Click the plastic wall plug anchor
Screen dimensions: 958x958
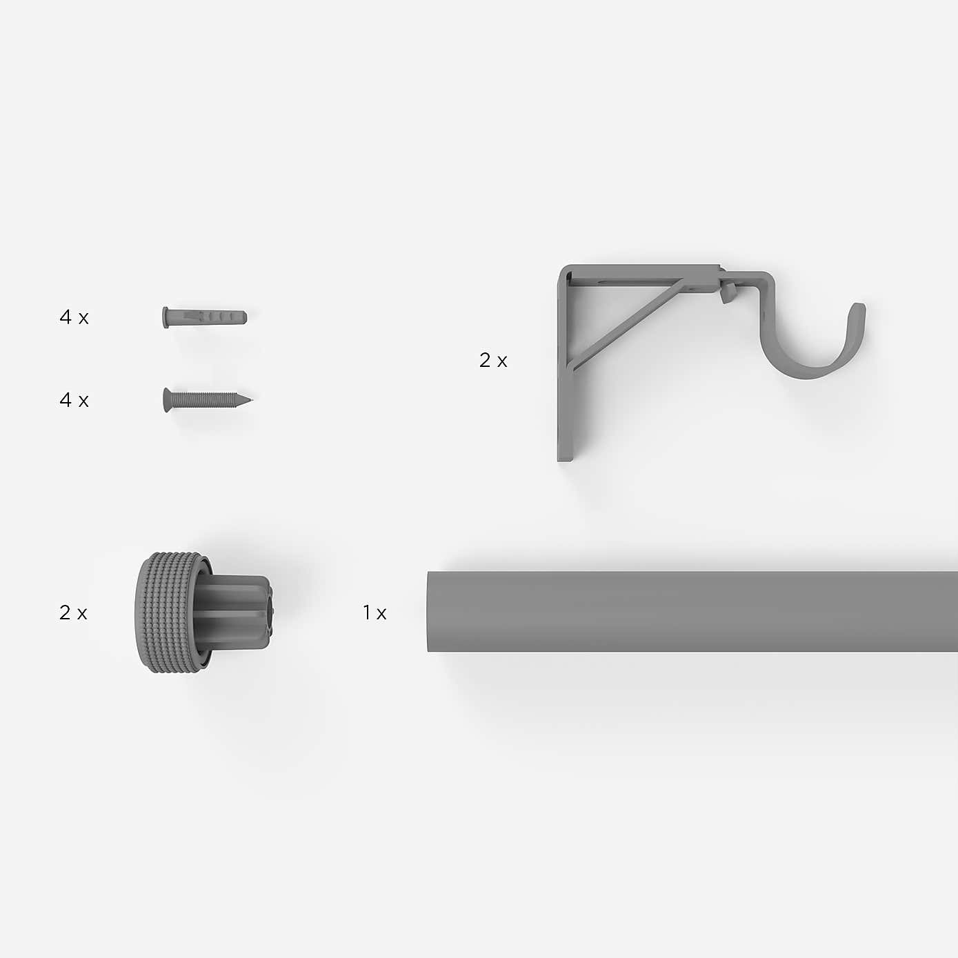click(204, 317)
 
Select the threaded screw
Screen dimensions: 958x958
click(208, 400)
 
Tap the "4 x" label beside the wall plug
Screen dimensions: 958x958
click(74, 317)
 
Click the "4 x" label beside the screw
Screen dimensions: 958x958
click(74, 400)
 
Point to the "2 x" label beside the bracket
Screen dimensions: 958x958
click(493, 361)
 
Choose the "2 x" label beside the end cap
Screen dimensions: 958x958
click(73, 612)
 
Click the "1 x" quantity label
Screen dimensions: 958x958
click(375, 612)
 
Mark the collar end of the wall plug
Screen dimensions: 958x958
click(165, 318)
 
